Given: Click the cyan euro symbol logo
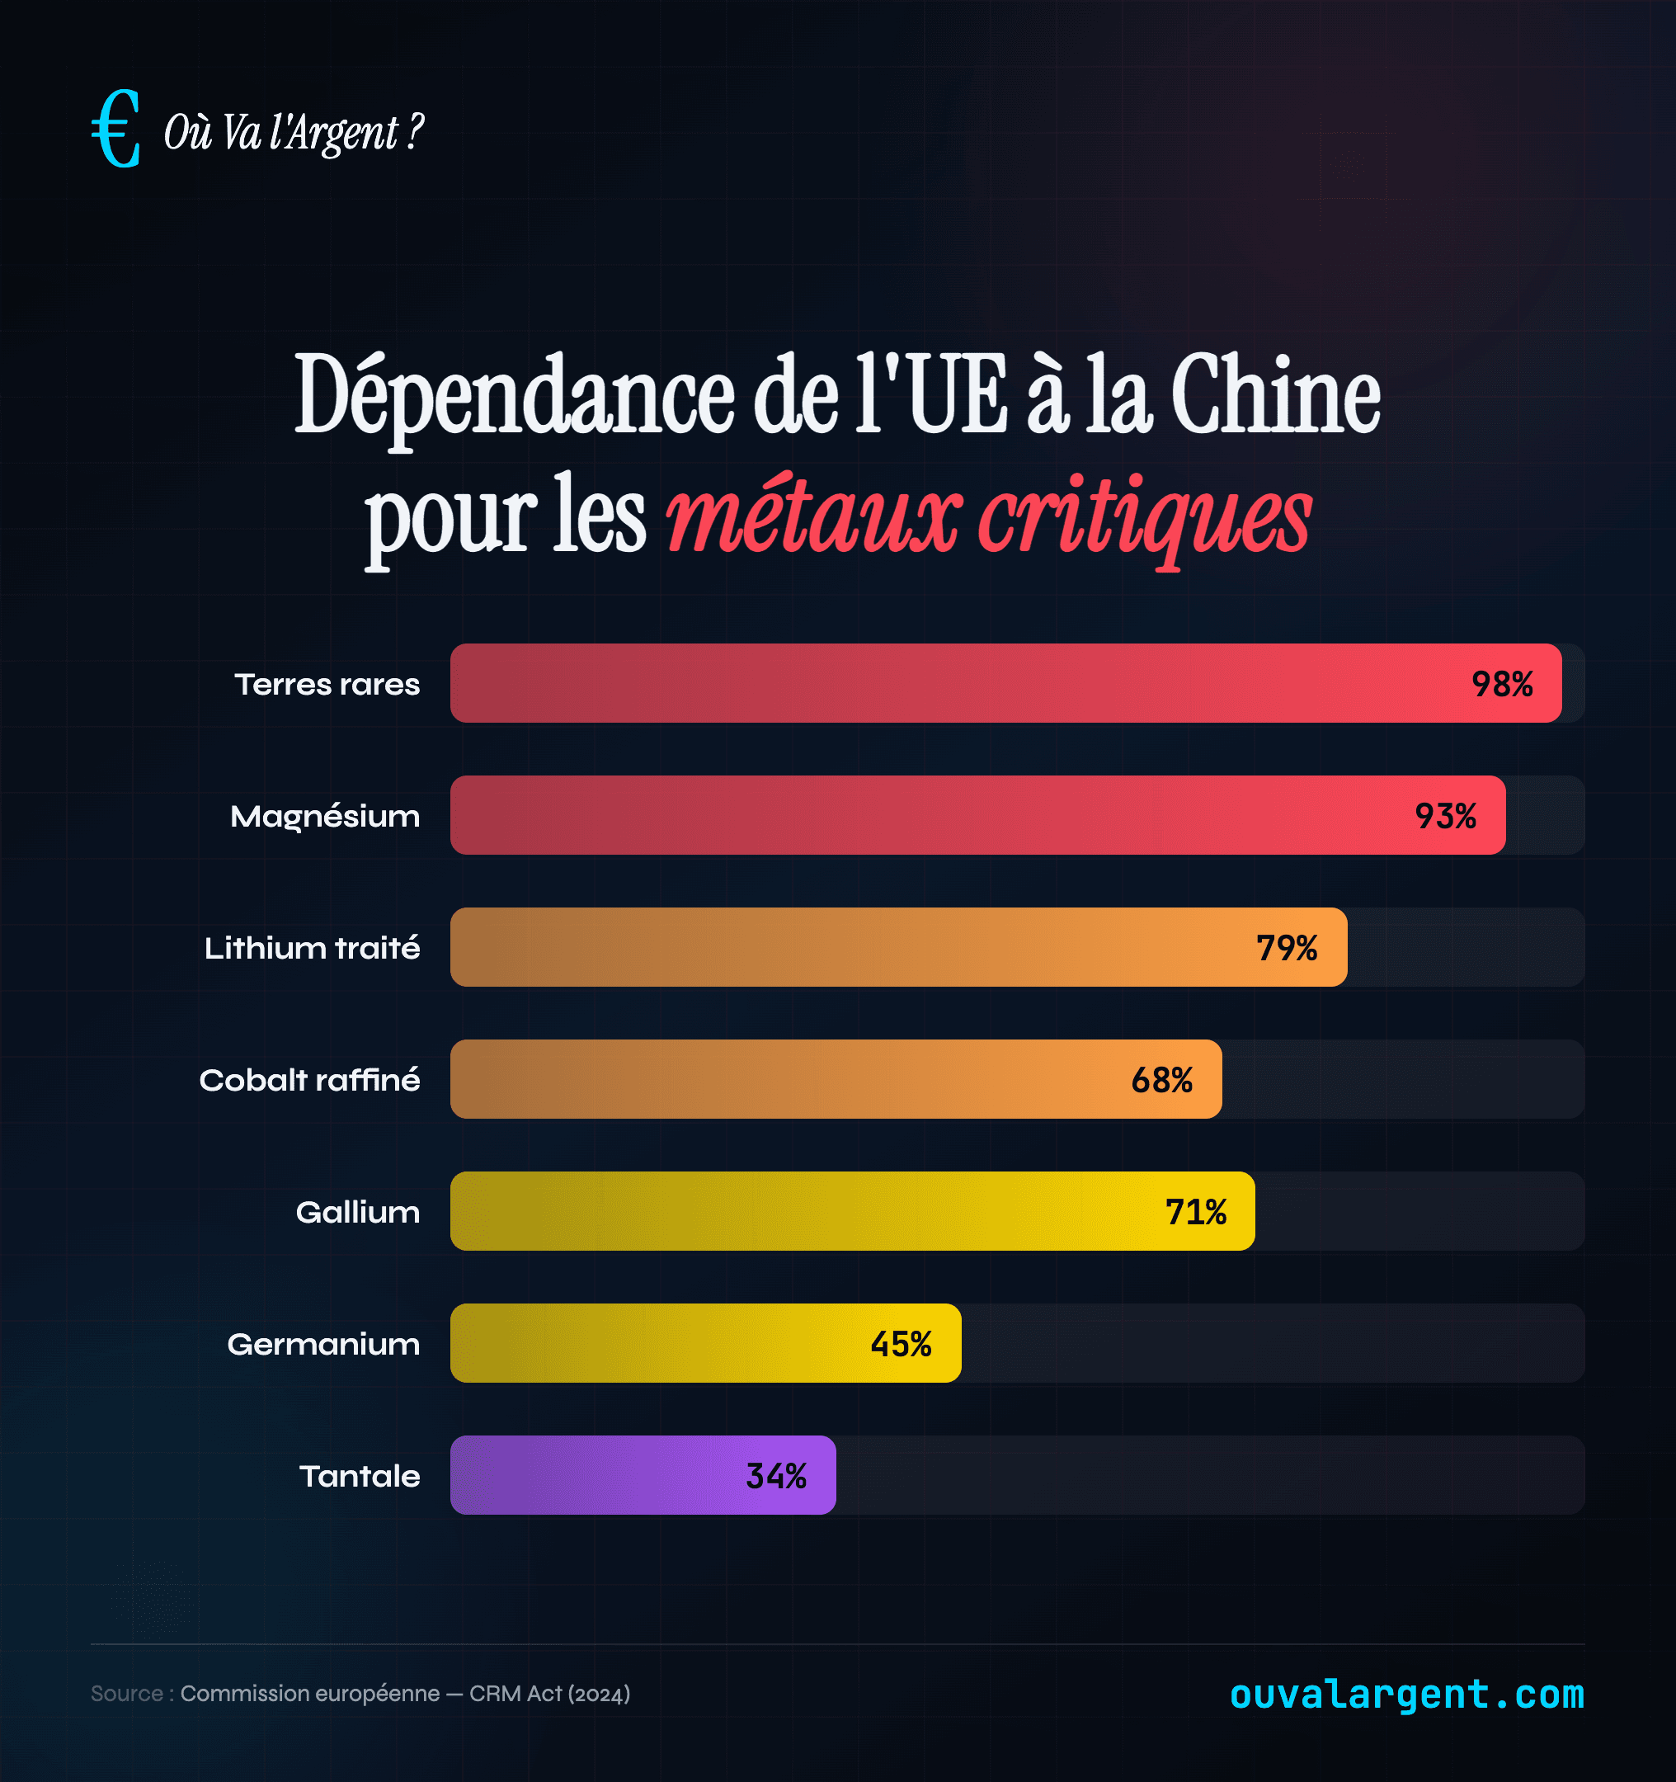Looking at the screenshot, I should [116, 129].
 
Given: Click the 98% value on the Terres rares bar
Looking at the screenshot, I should [1502, 684].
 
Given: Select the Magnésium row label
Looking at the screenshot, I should [324, 816].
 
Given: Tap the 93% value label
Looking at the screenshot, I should [1446, 816].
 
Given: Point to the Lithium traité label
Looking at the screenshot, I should [312, 947].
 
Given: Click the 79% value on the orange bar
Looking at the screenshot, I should [1286, 947].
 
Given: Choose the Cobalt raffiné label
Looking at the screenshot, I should [309, 1079].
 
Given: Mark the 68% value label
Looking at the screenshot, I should [1161, 1080].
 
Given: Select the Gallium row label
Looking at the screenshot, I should [358, 1212].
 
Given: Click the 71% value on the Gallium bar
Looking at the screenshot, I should [1196, 1212].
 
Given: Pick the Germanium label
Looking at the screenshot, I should [323, 1344].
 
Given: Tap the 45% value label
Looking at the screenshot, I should [901, 1344].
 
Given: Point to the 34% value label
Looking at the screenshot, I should [776, 1475].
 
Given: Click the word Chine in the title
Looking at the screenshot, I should [1274, 395].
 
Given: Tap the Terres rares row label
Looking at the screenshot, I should [327, 684].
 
